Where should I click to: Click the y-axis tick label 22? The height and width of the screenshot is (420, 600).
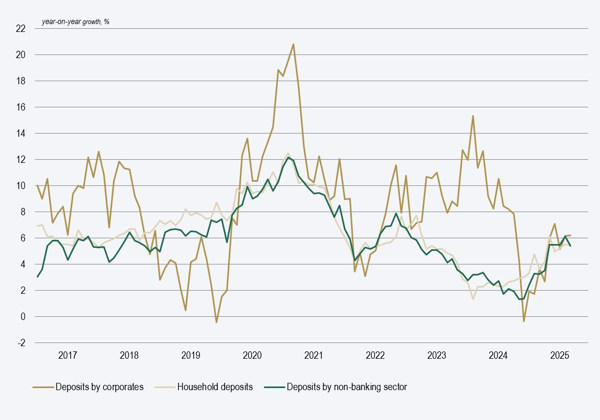coord(21,28)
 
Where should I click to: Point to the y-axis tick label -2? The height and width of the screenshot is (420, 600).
coord(21,342)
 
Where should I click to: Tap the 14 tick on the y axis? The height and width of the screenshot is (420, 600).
coord(21,133)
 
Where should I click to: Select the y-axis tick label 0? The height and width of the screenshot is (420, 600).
coord(23,316)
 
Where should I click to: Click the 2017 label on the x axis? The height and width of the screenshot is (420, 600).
coord(68,356)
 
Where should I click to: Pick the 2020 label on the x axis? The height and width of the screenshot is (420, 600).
coord(252,356)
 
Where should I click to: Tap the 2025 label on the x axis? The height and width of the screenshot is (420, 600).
coord(560,356)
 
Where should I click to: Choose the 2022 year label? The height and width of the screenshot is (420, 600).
coord(375,356)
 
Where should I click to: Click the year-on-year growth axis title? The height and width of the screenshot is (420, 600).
coord(75,22)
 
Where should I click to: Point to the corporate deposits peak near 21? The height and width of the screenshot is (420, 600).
coord(293,44)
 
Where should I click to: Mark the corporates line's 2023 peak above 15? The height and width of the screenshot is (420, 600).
coord(473,116)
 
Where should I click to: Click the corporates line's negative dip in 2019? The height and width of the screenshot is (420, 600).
coord(216,322)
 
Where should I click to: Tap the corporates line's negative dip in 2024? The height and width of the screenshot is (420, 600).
coord(524,321)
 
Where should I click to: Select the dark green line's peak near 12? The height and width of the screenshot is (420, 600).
coord(288,157)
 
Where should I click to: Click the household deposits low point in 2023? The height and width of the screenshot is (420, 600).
coord(473,299)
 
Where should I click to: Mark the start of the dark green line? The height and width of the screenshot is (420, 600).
coord(37,277)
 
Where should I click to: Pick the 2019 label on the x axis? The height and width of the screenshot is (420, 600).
coord(191,356)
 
